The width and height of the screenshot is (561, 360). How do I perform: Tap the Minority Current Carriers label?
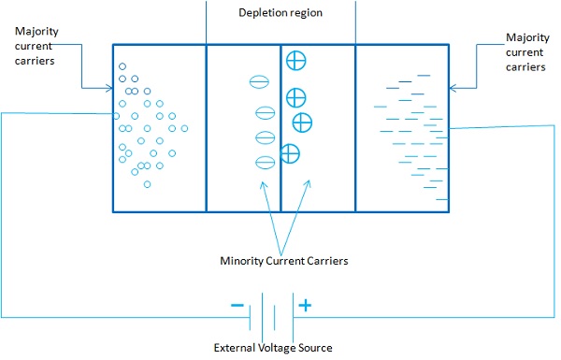(x=280, y=262)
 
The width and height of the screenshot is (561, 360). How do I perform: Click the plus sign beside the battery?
(x=304, y=305)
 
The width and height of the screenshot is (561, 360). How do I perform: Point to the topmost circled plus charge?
(x=295, y=61)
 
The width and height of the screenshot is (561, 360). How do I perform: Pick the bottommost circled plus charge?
(x=291, y=152)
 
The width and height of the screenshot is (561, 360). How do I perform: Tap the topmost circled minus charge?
(x=258, y=81)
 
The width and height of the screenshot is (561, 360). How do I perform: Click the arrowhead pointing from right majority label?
(x=453, y=89)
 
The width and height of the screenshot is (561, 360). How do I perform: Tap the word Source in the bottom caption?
(x=313, y=347)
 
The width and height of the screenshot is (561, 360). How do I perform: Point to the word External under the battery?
(x=235, y=347)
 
